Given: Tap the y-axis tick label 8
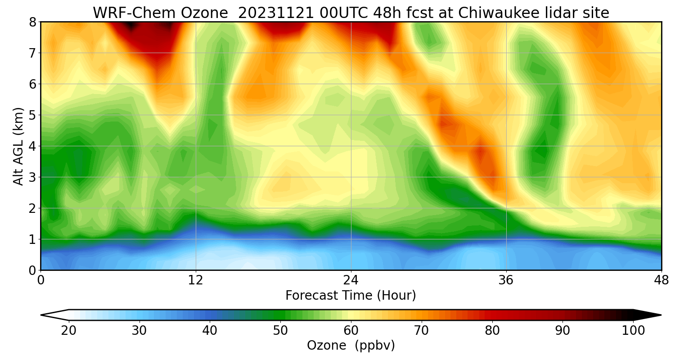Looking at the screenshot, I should pyautogui.click(x=32, y=22).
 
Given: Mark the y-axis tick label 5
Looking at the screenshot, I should pyautogui.click(x=32, y=115).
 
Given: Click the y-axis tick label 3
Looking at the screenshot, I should pyautogui.click(x=32, y=177).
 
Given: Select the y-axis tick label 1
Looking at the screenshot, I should pyautogui.click(x=32, y=239).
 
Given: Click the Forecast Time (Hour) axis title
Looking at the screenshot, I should pyautogui.click(x=351, y=296).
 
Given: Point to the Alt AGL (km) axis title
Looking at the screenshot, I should pyautogui.click(x=18, y=146).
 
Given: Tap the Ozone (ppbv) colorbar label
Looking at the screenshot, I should pyautogui.click(x=351, y=346).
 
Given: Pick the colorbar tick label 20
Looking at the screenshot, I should pyautogui.click(x=69, y=331).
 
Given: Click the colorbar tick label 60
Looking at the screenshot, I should pyautogui.click(x=351, y=331).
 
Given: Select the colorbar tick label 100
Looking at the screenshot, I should pyautogui.click(x=633, y=331).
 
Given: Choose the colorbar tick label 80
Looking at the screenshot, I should pyautogui.click(x=492, y=331).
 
